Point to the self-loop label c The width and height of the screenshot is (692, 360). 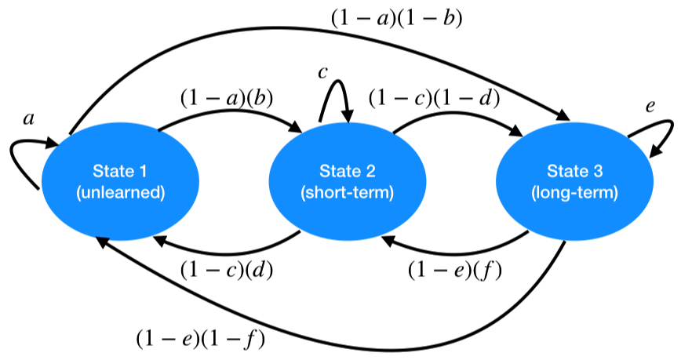click(x=322, y=72)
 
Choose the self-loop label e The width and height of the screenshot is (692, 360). click(x=650, y=104)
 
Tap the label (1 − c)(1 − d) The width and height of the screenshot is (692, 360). click(x=435, y=98)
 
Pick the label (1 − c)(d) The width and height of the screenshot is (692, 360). click(x=228, y=269)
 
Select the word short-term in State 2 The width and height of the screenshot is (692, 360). click(x=347, y=193)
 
